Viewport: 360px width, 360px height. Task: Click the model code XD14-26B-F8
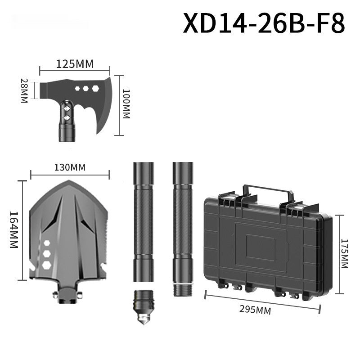click(x=264, y=23)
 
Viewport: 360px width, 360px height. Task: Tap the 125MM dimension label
click(x=75, y=64)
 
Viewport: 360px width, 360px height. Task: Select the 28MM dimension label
click(x=24, y=91)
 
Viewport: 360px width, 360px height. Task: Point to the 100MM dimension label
click(x=126, y=104)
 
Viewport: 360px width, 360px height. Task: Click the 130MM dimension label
click(x=70, y=167)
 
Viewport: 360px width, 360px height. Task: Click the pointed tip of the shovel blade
click(x=69, y=182)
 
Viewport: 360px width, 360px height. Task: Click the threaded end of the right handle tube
click(x=182, y=288)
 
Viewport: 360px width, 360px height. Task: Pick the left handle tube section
click(x=144, y=220)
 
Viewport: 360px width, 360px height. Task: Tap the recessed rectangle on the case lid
click(x=261, y=248)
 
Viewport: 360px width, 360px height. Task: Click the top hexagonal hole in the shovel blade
click(x=46, y=243)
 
